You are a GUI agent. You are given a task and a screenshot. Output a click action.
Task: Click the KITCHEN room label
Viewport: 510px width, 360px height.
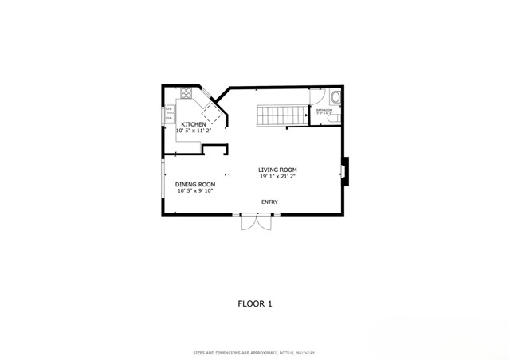point(194,124)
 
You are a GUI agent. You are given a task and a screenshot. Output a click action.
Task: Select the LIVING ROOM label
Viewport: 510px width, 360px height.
point(277,170)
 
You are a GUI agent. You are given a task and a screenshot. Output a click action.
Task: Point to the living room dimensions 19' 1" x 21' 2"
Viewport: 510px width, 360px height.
point(277,177)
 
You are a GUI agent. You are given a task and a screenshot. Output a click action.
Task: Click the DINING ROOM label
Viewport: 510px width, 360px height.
point(195,184)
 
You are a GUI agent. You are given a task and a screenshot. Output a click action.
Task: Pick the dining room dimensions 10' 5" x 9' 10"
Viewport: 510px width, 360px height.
point(195,191)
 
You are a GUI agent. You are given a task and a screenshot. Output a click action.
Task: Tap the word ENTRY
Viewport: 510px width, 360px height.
point(269,202)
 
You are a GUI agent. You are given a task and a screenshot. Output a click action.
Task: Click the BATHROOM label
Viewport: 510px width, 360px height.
point(324,110)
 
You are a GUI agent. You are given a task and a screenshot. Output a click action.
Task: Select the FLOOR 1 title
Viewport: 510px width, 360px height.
point(255,303)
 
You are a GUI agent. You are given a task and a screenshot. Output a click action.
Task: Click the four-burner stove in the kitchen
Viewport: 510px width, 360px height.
point(186,93)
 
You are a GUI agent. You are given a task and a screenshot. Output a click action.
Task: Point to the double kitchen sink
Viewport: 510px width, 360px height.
point(170,115)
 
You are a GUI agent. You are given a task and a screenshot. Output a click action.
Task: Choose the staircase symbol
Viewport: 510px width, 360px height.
point(280,116)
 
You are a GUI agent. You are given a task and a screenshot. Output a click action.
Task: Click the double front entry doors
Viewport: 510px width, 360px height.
point(256,222)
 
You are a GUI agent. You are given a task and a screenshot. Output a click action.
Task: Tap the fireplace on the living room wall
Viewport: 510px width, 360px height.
point(344,170)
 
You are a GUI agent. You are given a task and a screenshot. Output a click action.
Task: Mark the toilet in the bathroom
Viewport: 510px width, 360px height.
point(335,99)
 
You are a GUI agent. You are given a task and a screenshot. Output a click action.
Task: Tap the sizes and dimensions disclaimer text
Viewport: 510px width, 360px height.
point(255,352)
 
